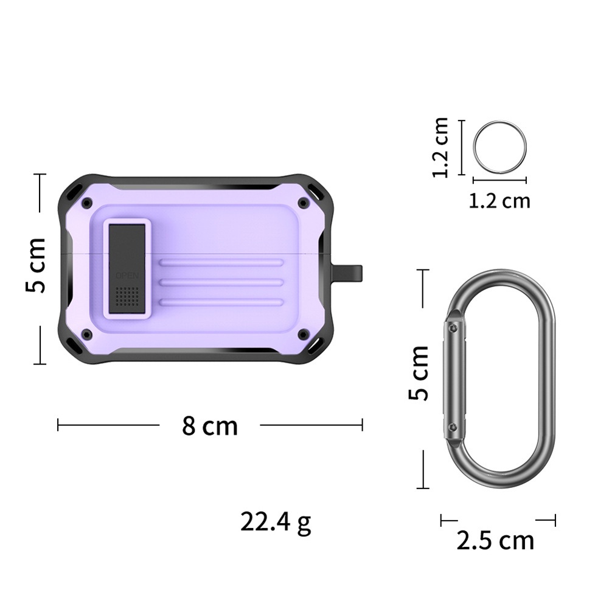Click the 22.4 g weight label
(276, 523)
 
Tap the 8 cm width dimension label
(210, 426)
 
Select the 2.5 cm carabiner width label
(495, 540)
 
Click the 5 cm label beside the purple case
(36, 265)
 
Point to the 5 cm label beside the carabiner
(419, 373)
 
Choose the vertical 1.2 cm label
(440, 147)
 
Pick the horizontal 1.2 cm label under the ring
(499, 201)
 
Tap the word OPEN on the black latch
(127, 276)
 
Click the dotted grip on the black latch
(127, 296)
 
